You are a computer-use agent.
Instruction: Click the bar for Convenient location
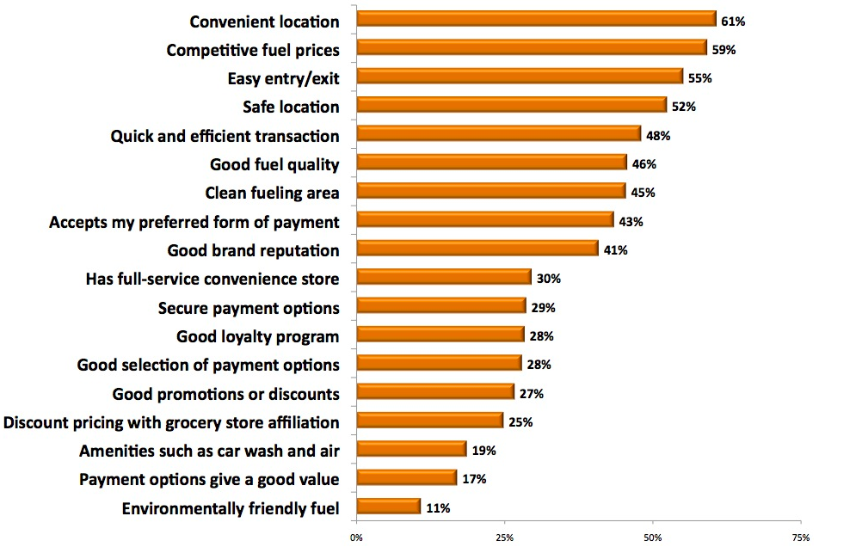click(535, 19)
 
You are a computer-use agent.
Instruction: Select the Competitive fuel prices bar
click(530, 47)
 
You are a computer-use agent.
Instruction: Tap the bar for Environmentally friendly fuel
click(388, 507)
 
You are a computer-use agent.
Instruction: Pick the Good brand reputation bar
click(477, 249)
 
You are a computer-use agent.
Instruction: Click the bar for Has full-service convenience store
click(443, 277)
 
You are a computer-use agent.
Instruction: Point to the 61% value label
click(733, 22)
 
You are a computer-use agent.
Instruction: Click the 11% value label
click(438, 508)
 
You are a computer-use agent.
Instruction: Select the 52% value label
click(684, 108)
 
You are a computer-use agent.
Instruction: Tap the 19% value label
click(484, 451)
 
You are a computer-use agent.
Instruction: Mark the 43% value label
click(631, 222)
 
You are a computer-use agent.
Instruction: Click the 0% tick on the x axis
click(356, 538)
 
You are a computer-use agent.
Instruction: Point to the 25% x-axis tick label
click(504, 538)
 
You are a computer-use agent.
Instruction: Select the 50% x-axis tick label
click(652, 538)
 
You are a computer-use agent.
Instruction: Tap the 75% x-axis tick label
click(800, 538)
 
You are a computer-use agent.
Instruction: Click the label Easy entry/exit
click(283, 78)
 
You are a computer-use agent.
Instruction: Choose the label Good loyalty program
click(258, 336)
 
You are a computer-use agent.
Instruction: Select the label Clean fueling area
click(272, 193)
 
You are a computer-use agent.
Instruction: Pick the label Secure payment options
click(249, 308)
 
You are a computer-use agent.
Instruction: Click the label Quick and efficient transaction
click(225, 136)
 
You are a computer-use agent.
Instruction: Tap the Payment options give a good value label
click(209, 479)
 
